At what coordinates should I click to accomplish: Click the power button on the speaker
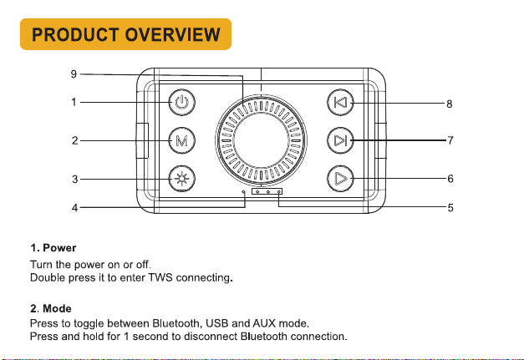click(x=182, y=102)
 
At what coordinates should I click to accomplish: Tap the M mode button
click(x=182, y=140)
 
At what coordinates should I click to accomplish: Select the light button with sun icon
click(x=182, y=179)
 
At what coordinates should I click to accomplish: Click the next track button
click(x=340, y=140)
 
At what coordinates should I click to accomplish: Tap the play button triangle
click(x=340, y=179)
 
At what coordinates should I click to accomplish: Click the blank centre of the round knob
click(x=261, y=140)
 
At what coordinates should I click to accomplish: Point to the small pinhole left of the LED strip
click(x=244, y=191)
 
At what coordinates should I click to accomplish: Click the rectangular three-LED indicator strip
click(x=267, y=191)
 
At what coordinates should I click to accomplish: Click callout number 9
click(x=74, y=74)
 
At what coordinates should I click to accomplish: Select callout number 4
click(x=74, y=208)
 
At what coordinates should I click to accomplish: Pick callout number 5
click(x=450, y=208)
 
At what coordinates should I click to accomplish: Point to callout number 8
click(x=450, y=104)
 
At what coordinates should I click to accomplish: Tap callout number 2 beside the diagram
click(x=74, y=140)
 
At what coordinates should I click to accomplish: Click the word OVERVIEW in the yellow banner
click(x=173, y=34)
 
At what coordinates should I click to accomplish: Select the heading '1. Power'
click(x=53, y=248)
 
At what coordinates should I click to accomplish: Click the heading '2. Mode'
click(x=51, y=308)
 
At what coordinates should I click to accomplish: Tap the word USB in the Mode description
click(x=217, y=323)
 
